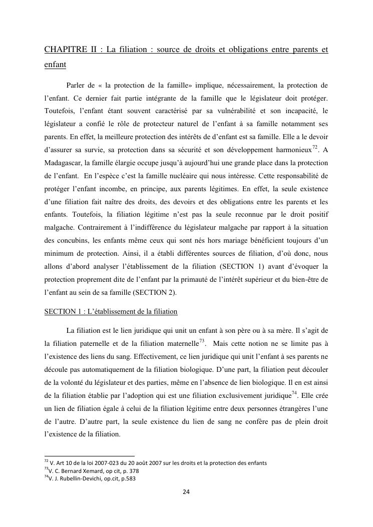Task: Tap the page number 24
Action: pyautogui.click(x=186, y=492)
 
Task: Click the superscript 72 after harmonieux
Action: pyautogui.click(x=315, y=147)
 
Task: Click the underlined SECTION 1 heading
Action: pyautogui.click(x=111, y=311)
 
